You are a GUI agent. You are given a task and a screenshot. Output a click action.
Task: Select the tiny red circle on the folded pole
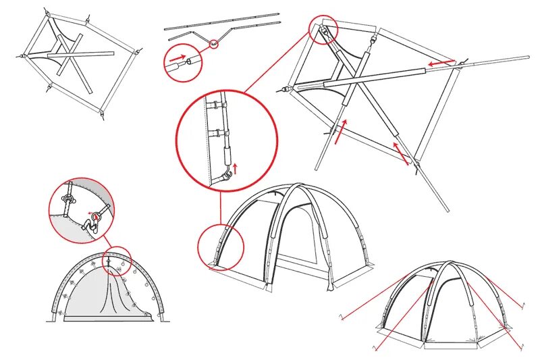click(215, 45)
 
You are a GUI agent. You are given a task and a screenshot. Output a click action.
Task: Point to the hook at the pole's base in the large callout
click(229, 177)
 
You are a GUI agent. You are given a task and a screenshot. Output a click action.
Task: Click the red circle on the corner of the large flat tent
click(323, 29)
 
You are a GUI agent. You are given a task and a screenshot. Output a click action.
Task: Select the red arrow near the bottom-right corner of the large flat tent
click(401, 153)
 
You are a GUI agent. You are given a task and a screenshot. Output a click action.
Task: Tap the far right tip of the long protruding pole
click(528, 57)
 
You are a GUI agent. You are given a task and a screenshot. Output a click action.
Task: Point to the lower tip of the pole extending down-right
click(446, 209)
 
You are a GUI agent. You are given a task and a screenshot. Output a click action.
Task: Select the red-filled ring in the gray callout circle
click(97, 217)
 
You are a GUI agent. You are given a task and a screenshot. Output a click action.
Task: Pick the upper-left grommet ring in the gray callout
click(69, 199)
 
